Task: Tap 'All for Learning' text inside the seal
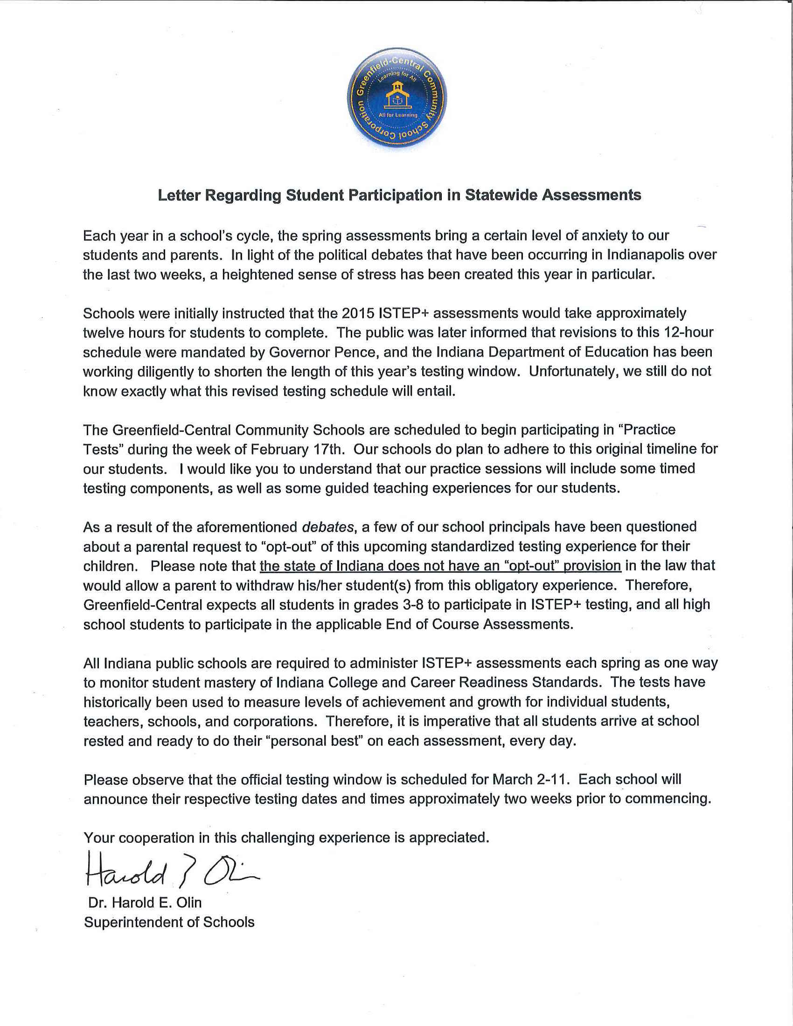point(398,115)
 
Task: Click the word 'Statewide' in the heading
point(501,195)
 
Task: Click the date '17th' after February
point(328,450)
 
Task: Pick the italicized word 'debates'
point(328,527)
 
